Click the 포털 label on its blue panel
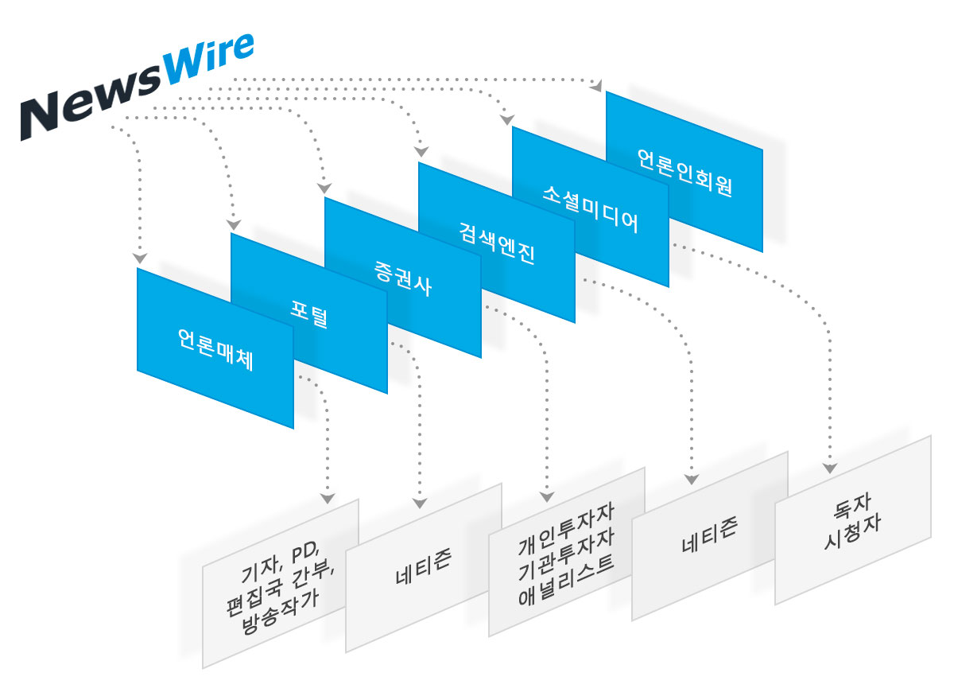coord(308,316)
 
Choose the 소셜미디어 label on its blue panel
coord(590,209)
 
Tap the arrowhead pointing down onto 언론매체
coord(140,258)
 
